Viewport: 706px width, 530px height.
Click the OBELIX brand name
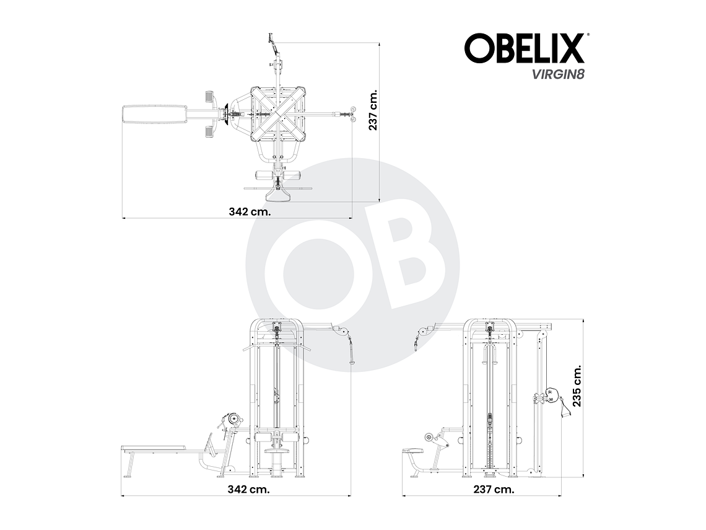tap(524, 48)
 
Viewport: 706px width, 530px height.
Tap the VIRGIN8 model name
tap(557, 73)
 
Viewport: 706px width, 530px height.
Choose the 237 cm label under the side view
tap(493, 488)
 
